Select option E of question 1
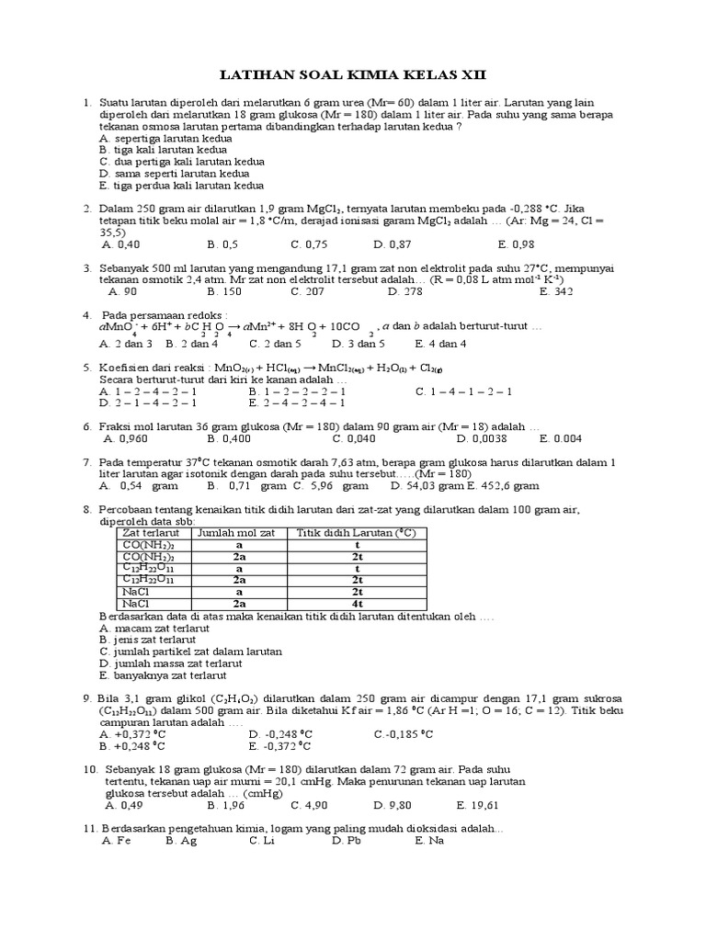[176, 185]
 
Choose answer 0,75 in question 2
[309, 244]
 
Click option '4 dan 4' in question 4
[440, 344]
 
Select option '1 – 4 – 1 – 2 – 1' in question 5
[463, 391]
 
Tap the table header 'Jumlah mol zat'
[238, 533]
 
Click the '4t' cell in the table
[358, 605]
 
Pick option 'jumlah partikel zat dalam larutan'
[190, 651]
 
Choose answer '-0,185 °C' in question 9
[404, 734]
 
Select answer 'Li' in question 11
[261, 840]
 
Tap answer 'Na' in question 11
[428, 840]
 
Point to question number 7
[87, 462]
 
